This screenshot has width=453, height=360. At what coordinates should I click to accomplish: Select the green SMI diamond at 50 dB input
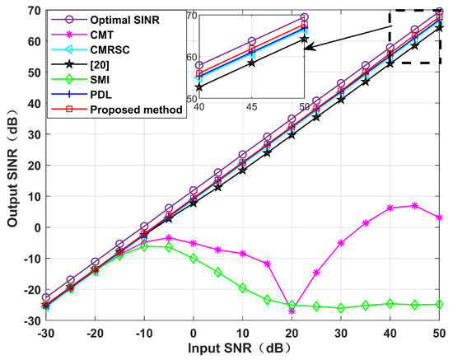click(439, 304)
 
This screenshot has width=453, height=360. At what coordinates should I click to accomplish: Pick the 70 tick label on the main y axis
click(26, 10)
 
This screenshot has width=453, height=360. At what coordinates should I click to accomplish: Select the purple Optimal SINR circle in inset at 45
click(251, 41)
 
